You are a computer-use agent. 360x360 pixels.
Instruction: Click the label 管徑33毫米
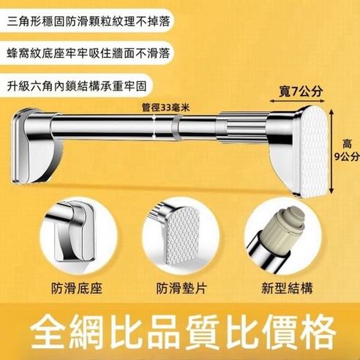166,107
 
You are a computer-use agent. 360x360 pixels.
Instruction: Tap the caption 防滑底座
77,288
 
